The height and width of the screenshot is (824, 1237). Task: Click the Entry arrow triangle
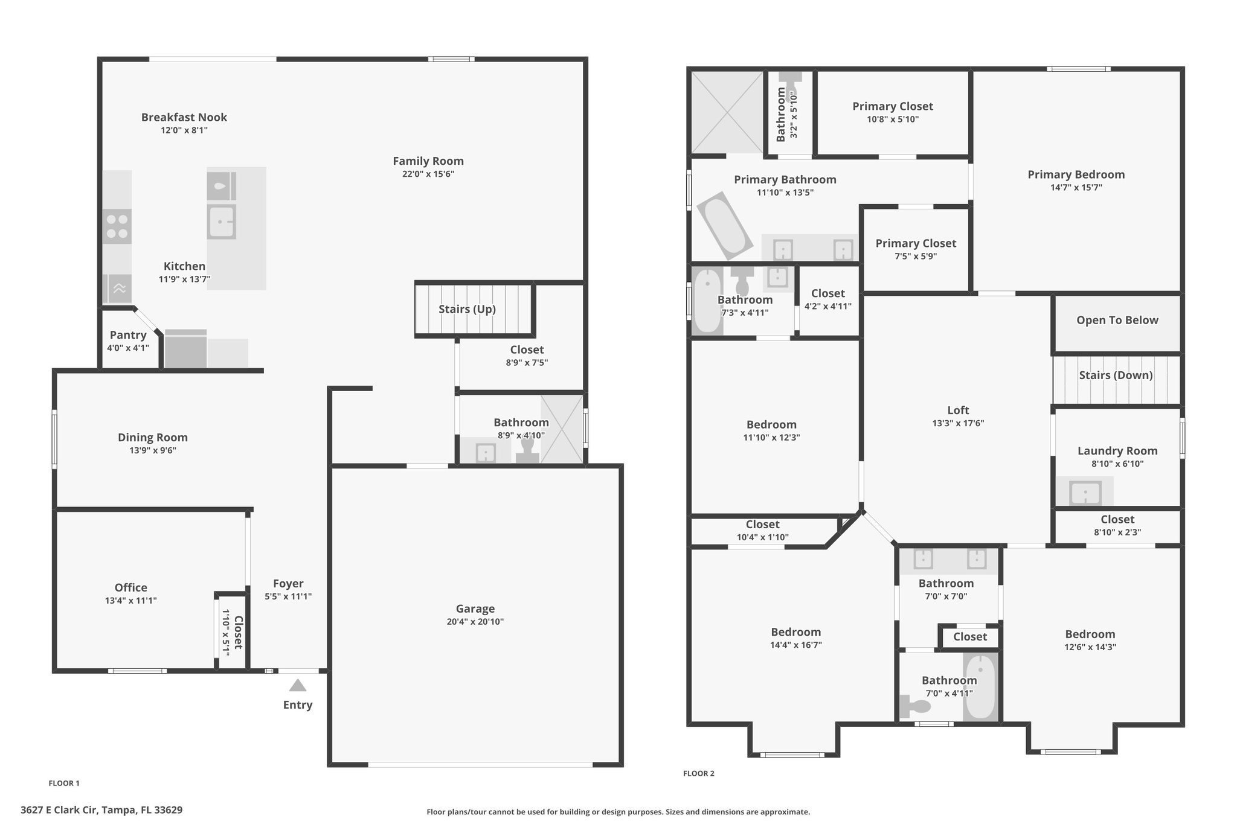coord(297,685)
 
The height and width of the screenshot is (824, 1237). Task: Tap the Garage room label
coord(475,609)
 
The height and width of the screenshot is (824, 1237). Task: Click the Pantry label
coord(128,335)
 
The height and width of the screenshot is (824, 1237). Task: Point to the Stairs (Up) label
coord(467,309)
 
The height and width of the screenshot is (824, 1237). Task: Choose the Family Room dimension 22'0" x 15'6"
coord(428,174)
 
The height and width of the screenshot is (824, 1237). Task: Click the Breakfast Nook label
coord(184,117)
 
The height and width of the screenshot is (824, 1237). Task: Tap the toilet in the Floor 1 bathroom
coord(527,451)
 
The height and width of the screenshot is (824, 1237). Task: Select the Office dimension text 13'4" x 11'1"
coord(131,601)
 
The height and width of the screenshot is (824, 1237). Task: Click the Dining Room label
coord(153,437)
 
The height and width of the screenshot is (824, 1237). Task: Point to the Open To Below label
coord(1117,321)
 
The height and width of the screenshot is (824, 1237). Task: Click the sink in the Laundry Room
coord(1085,493)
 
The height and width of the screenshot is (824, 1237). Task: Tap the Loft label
coord(958,410)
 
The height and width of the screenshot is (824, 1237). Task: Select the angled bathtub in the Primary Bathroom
coord(725,226)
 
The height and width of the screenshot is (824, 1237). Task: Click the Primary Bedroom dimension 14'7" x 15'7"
coord(1076,188)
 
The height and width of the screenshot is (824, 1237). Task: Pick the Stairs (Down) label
coord(1116,375)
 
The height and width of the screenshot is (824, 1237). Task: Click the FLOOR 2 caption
coord(699,773)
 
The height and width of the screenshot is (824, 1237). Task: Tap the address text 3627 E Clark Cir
coord(59,810)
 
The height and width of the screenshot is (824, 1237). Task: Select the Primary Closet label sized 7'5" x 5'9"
coord(916,243)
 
